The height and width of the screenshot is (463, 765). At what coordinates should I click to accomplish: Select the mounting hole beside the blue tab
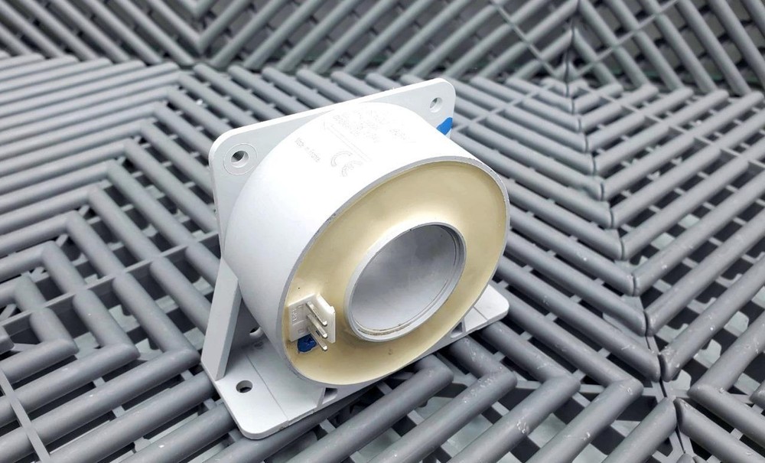click(435, 103)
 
